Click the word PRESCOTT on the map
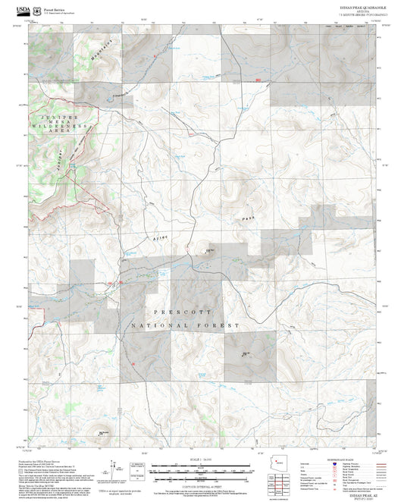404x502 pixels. tap(180, 312)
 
